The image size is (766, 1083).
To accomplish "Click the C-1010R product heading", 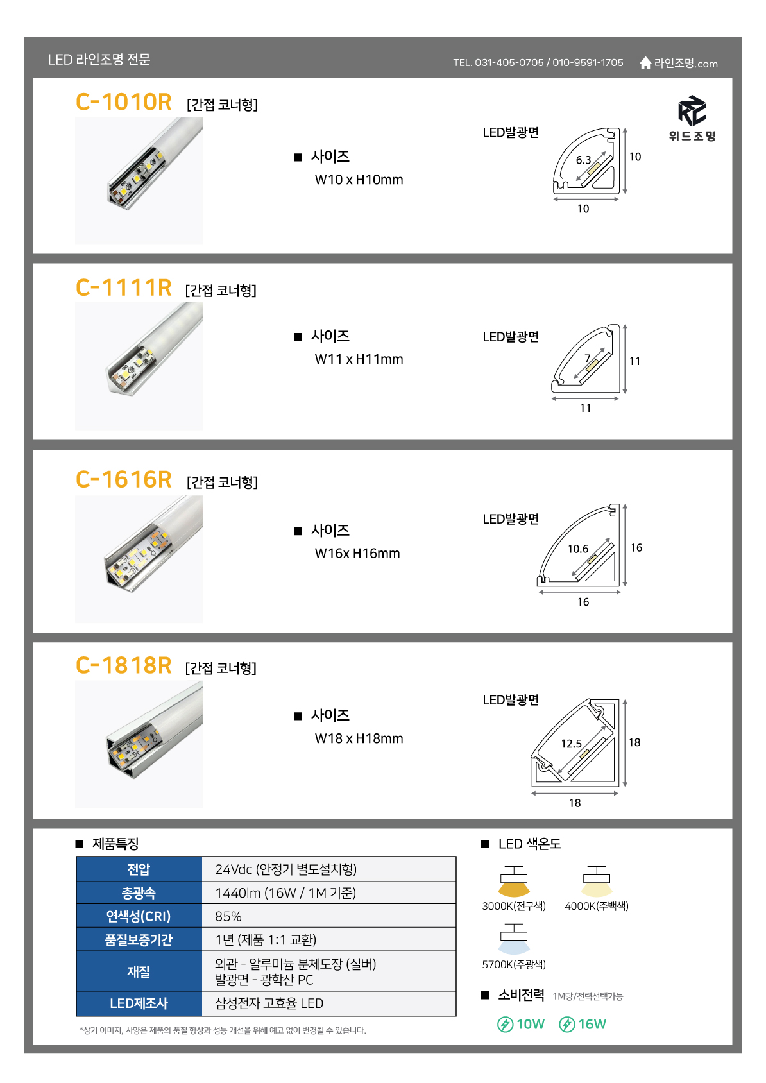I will point(123,102).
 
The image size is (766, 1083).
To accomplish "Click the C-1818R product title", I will point(123,665).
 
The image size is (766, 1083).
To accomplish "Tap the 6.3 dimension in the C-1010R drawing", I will point(583,160).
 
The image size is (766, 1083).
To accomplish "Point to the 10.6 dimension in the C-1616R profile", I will point(577,549).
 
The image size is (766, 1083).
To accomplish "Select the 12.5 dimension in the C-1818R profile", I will point(571,744).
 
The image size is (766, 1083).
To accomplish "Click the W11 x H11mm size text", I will point(359,359).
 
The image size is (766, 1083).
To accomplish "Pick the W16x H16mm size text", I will point(357,553).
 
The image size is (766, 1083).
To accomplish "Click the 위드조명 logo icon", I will point(692,111).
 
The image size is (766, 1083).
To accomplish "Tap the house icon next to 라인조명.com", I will point(645,62).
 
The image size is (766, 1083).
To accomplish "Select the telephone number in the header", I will point(538,62).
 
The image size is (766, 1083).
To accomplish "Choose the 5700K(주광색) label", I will point(514,964).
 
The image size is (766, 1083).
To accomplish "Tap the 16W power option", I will point(583,1024).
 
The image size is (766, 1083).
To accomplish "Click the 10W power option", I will point(521,1024).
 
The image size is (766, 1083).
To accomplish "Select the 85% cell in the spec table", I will point(228,916).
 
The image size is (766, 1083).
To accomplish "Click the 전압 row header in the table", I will point(139,869).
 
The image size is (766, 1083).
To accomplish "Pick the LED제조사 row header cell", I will point(139,1003).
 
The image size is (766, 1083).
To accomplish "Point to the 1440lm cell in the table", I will point(285,893).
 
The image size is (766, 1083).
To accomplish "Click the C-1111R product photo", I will point(139,366).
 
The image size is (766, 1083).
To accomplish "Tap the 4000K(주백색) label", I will point(597,906).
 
